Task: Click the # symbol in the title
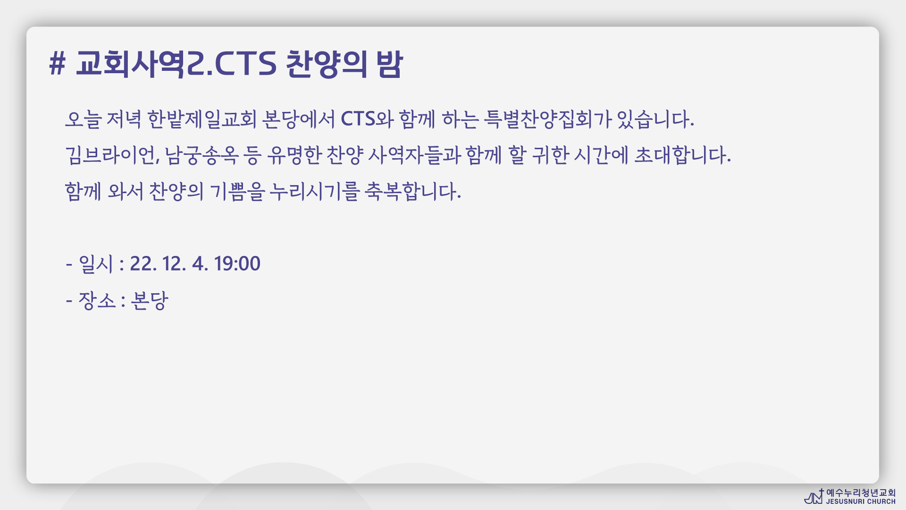(57, 64)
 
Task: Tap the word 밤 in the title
(389, 64)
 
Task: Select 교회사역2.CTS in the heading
(176, 64)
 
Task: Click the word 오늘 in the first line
(83, 119)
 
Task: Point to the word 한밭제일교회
(202, 119)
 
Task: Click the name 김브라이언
(112, 155)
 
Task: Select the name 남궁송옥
(201, 155)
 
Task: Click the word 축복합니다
(413, 192)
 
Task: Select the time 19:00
(237, 263)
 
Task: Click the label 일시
(96, 264)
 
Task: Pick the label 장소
(97, 300)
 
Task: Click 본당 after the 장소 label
(149, 300)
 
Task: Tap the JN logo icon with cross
(814, 496)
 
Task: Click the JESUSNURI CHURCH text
(861, 501)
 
